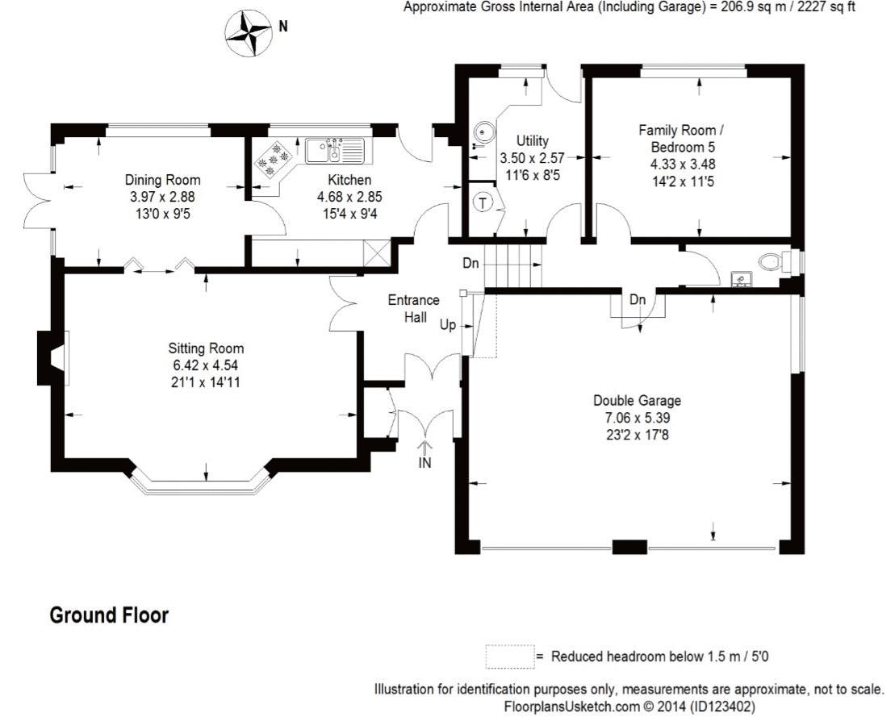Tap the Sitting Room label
click(206, 349)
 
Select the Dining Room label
click(162, 180)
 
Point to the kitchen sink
click(335, 150)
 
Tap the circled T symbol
click(482, 202)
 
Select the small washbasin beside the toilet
click(740, 279)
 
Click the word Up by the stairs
click(449, 326)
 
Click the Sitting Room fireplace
click(53, 355)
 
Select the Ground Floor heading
click(109, 615)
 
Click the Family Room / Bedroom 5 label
click(681, 138)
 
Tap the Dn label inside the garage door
click(638, 300)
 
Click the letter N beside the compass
click(282, 26)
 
